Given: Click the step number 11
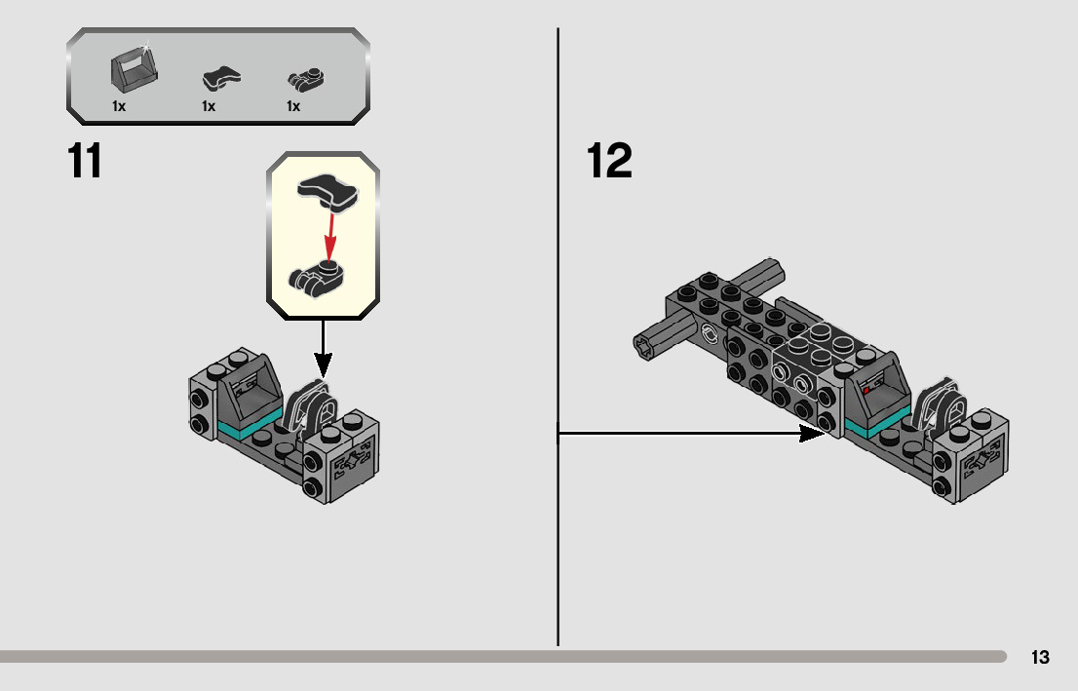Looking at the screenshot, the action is [85, 162].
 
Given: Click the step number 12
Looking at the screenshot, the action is [609, 162].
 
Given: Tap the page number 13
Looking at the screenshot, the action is [1040, 657].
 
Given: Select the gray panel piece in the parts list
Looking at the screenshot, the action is [134, 70].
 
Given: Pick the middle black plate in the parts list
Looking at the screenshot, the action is [221, 79].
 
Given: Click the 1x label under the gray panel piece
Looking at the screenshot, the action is [119, 106].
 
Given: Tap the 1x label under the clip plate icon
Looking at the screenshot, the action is [293, 106].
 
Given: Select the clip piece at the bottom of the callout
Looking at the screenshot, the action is [319, 277].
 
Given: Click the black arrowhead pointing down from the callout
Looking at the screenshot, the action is [323, 365].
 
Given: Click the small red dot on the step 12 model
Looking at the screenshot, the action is [866, 390].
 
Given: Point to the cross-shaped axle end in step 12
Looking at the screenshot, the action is [647, 344].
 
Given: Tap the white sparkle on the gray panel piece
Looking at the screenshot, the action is [146, 45].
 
